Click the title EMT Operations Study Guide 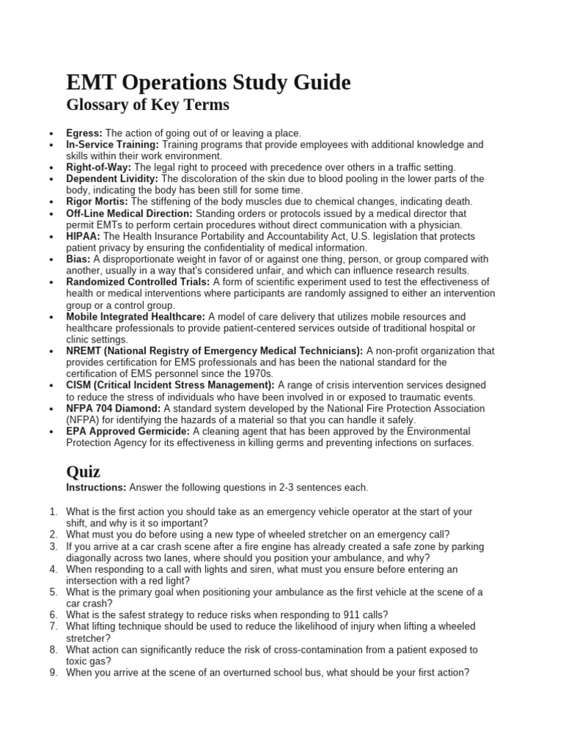pyautogui.click(x=208, y=82)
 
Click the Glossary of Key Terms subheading pyautogui.click(x=147, y=106)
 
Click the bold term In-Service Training pyautogui.click(x=112, y=145)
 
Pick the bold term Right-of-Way pyautogui.click(x=98, y=168)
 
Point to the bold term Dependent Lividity pyautogui.click(x=112, y=179)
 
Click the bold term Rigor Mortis pyautogui.click(x=97, y=202)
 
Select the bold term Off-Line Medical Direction pyautogui.click(x=129, y=213)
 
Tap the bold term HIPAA pyautogui.click(x=83, y=236)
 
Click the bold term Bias pyautogui.click(x=78, y=259)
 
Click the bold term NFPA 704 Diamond pyautogui.click(x=113, y=409)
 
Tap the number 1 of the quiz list pyautogui.click(x=53, y=512)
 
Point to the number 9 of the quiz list pyautogui.click(x=53, y=672)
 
